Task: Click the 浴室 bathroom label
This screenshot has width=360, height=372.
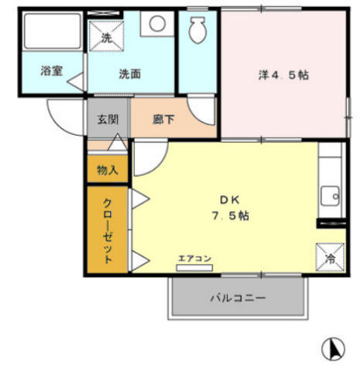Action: point(52,71)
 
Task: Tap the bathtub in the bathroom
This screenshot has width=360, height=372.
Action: point(53,31)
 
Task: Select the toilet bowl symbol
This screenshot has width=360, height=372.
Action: point(197,29)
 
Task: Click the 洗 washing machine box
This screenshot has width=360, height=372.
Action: point(106,36)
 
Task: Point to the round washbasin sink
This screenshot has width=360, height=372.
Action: point(157,23)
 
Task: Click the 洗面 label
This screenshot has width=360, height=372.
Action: point(130,74)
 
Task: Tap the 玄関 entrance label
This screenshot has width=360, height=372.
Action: point(108,119)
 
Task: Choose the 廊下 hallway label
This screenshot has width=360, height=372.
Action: point(163,119)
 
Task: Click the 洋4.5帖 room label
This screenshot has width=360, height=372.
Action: point(283,75)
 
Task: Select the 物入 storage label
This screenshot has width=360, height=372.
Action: point(108,170)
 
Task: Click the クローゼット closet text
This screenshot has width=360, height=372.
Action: point(108,231)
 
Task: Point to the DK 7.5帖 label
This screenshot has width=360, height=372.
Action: point(230,208)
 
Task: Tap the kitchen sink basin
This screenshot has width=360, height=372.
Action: point(330,196)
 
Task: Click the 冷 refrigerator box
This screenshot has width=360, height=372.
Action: point(331,257)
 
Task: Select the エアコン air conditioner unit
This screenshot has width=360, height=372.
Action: point(194,267)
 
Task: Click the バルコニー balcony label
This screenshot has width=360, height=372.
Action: point(238,298)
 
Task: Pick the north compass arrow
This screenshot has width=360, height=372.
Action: point(333,349)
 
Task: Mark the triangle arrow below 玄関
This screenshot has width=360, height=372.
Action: point(118,142)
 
